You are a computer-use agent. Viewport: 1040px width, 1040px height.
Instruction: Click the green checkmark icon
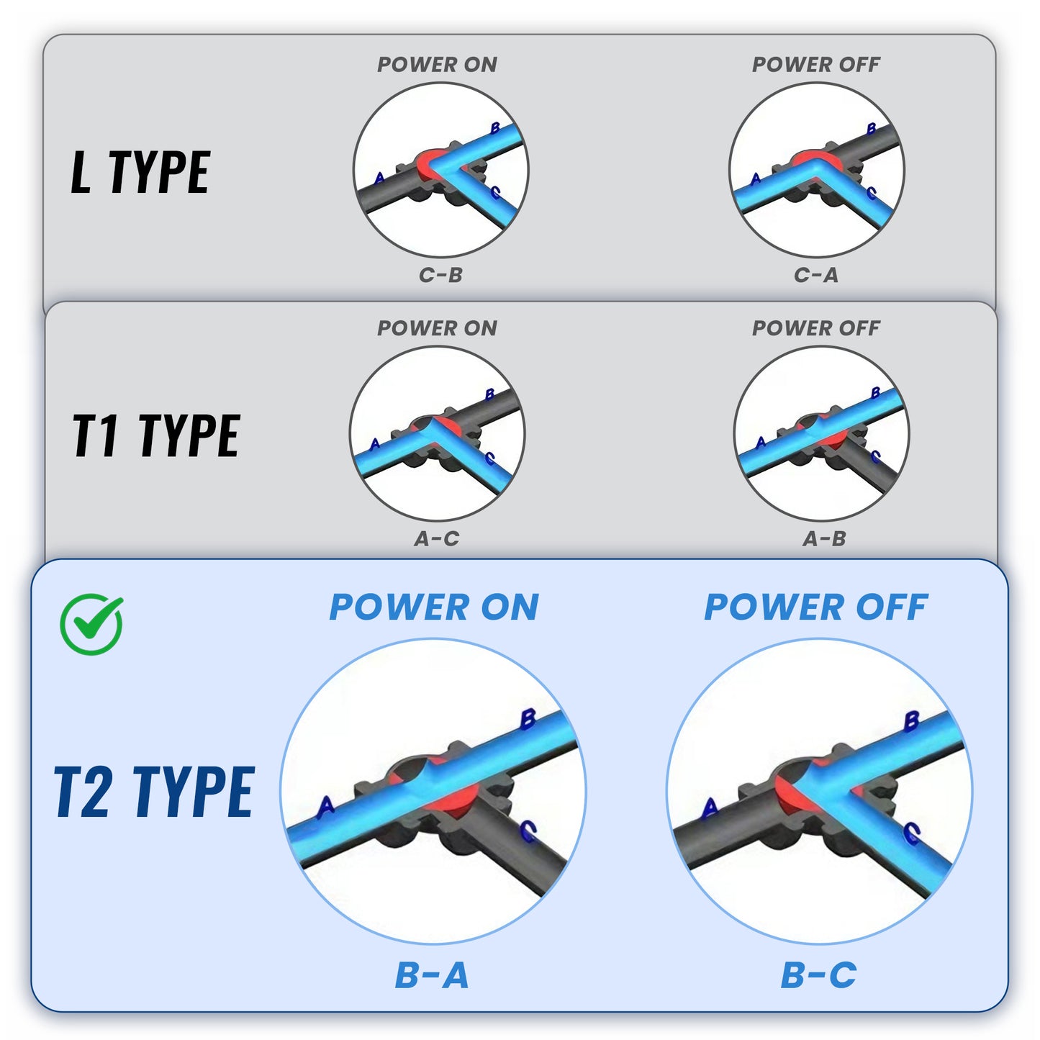click(91, 624)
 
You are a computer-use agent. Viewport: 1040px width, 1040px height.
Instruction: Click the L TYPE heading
click(140, 173)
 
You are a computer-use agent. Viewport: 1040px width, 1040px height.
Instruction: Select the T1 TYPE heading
click(155, 436)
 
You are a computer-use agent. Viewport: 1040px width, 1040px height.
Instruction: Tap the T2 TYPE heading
click(154, 792)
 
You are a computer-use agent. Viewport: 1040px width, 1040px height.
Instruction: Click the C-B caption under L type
click(440, 275)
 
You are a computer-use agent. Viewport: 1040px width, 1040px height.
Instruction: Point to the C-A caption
click(816, 275)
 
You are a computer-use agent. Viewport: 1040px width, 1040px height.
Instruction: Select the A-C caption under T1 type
click(436, 538)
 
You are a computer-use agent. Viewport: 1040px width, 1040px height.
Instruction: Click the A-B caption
click(824, 538)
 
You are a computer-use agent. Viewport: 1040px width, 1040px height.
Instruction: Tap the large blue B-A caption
click(432, 976)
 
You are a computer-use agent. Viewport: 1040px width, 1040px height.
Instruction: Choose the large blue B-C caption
click(818, 976)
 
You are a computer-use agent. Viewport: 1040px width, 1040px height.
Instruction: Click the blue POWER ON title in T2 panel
click(434, 607)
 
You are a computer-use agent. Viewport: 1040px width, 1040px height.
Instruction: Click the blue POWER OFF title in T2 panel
click(815, 607)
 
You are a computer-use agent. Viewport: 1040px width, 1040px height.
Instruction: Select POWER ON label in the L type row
click(437, 65)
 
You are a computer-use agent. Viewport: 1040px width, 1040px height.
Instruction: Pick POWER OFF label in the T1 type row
click(815, 328)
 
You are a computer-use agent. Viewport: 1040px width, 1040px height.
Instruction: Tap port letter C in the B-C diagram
click(912, 833)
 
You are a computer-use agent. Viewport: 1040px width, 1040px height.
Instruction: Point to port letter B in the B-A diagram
click(528, 718)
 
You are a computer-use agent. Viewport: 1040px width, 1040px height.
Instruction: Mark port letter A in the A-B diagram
click(761, 443)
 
